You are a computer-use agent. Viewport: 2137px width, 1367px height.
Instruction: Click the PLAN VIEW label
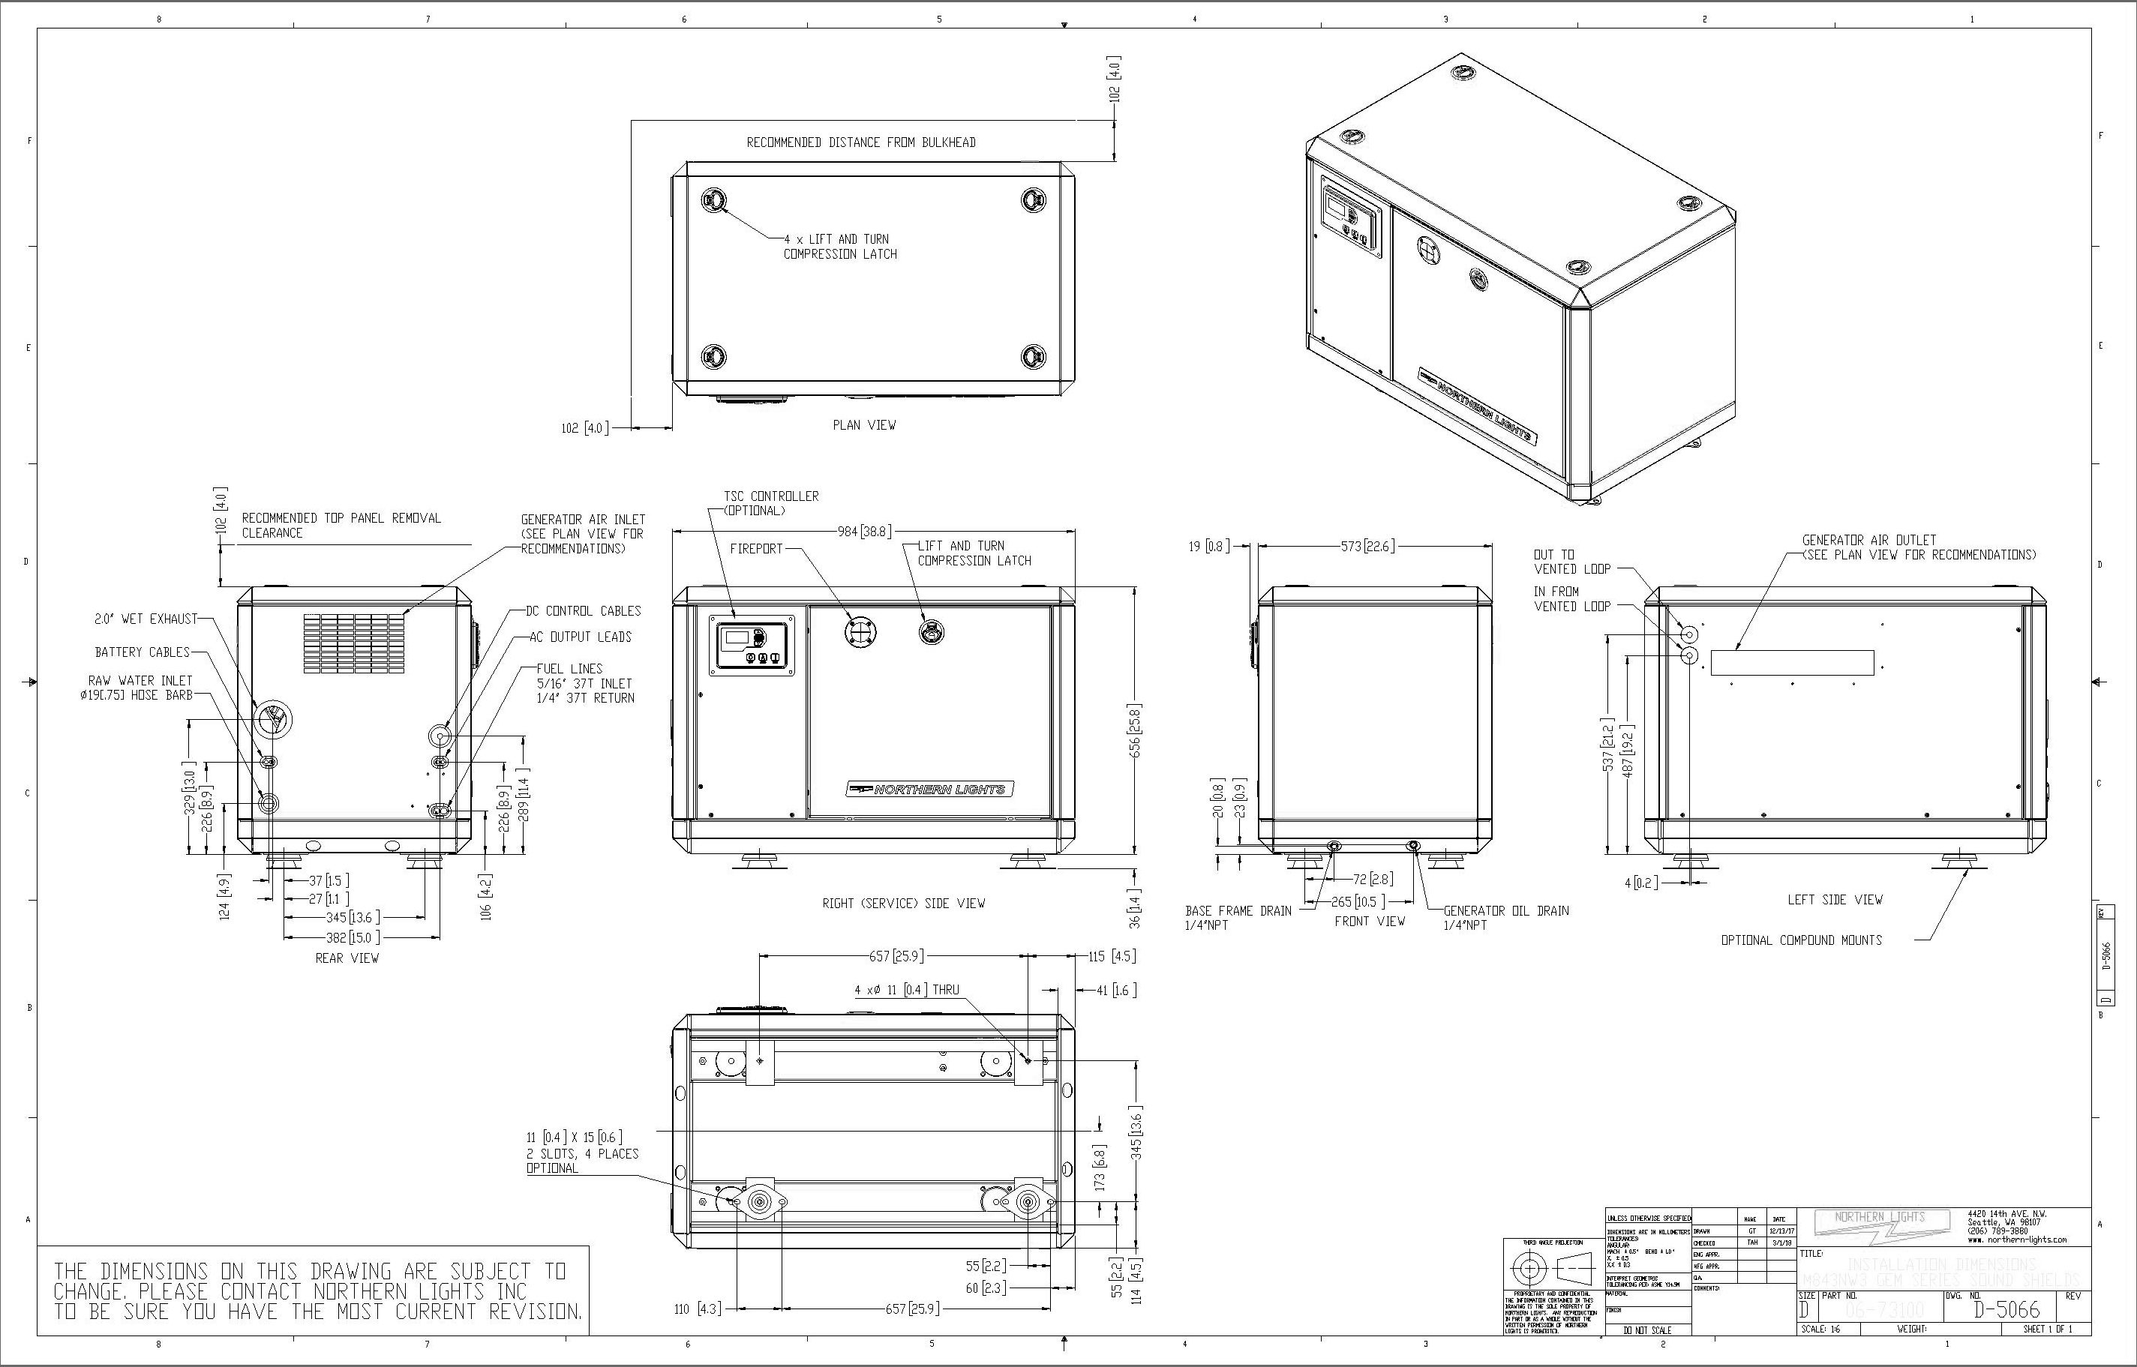click(864, 425)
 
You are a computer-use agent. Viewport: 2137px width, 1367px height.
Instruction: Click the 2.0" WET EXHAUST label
click(146, 619)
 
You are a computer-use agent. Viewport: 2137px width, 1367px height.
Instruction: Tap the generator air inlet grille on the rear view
click(353, 643)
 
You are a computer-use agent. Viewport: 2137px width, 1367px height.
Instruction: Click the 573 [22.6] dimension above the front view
click(1367, 546)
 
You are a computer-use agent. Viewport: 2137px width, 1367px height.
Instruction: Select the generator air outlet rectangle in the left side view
click(1792, 662)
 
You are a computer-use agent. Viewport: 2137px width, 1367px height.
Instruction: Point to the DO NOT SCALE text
click(1647, 1330)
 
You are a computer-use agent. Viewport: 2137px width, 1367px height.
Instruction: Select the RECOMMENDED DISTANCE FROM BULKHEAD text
click(860, 142)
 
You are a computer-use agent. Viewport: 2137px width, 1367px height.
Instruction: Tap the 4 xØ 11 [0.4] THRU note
click(906, 990)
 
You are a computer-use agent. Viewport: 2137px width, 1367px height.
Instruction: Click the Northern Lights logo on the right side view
click(929, 789)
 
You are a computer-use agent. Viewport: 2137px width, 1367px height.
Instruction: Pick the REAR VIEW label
click(347, 958)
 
